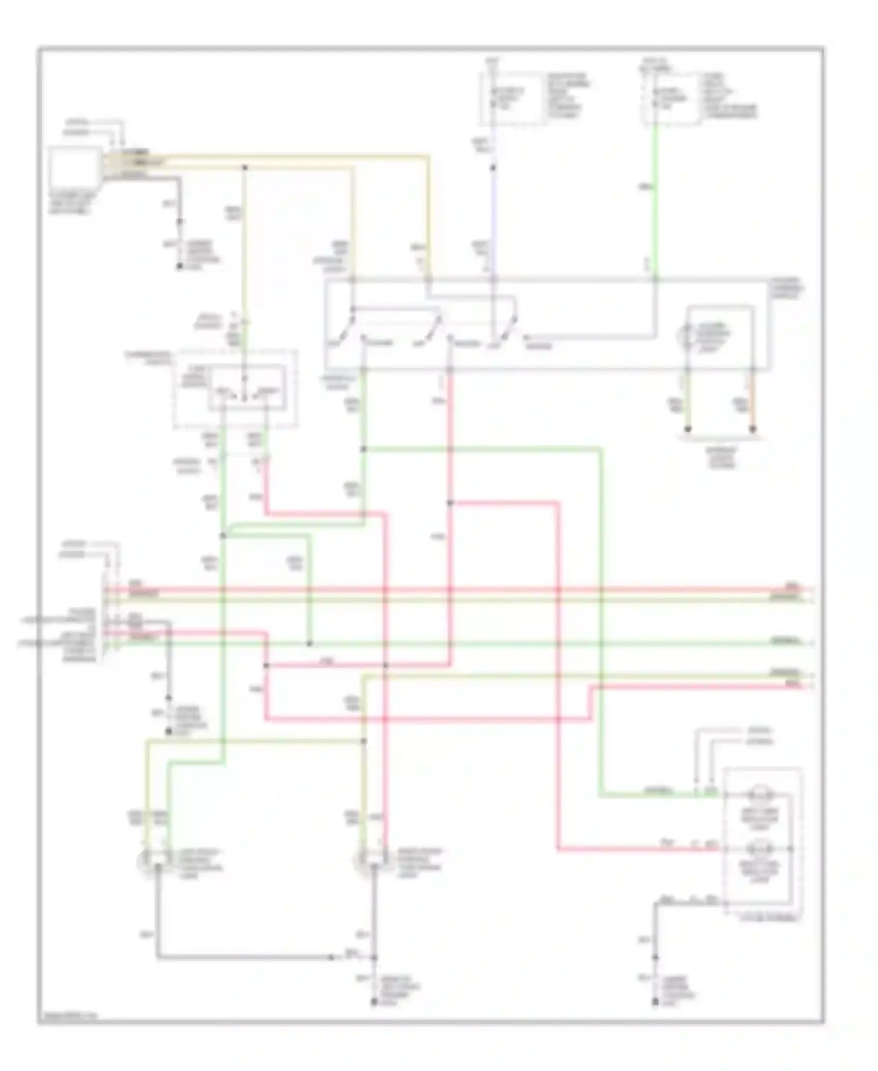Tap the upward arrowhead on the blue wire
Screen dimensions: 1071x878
493,168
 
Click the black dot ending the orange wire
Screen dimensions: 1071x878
753,429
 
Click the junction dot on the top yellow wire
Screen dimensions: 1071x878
245,168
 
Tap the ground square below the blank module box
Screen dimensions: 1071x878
180,267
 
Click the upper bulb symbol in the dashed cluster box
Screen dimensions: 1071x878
760,796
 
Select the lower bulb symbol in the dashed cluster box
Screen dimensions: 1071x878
760,848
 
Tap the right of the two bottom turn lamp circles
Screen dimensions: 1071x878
362,861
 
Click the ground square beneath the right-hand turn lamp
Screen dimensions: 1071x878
375,1003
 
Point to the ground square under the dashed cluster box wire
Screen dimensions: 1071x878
655,1003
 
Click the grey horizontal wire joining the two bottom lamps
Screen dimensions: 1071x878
246,957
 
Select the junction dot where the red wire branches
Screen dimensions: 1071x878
450,503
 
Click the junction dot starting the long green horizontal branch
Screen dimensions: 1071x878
363,449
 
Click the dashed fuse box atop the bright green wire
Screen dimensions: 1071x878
671,98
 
